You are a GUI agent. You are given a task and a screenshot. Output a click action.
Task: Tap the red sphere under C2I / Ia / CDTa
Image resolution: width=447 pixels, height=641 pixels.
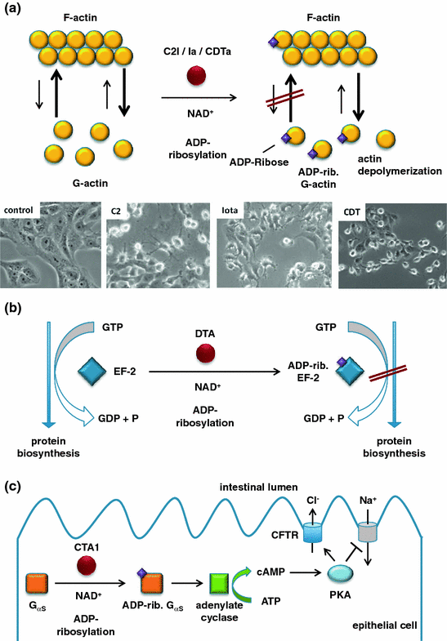point(195,78)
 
